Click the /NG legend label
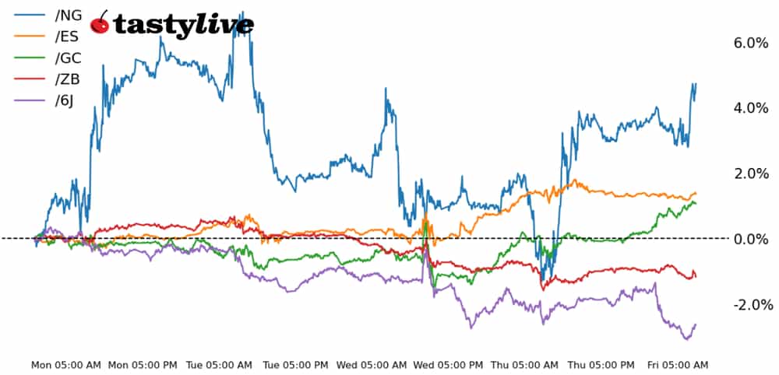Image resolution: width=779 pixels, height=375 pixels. (x=68, y=15)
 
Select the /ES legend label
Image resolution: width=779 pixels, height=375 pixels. (x=67, y=36)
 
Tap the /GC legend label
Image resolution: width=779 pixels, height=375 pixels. (x=68, y=58)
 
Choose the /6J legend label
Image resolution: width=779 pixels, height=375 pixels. (x=65, y=100)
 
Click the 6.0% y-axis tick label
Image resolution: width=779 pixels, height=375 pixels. (x=751, y=44)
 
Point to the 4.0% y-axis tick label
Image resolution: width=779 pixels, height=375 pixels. (x=751, y=108)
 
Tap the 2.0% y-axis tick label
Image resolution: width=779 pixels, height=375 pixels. (x=751, y=173)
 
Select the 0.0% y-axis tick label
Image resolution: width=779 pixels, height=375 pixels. (x=751, y=239)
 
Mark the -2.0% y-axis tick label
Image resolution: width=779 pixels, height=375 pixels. (x=749, y=304)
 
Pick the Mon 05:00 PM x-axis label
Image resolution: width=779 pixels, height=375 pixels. (x=144, y=365)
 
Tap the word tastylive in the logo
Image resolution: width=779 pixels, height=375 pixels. (x=183, y=26)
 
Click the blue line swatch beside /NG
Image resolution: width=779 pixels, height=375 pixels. (x=27, y=15)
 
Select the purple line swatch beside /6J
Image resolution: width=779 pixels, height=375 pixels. (x=27, y=100)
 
